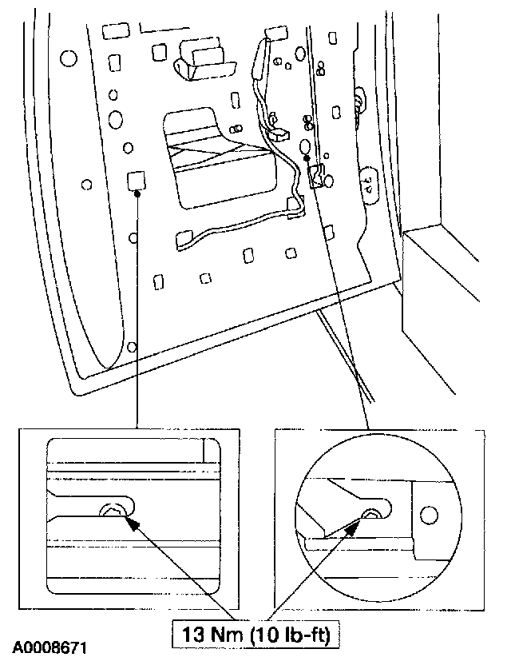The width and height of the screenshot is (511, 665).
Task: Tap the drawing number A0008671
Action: coord(50,644)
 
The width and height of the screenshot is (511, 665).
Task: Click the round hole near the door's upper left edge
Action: coord(66,58)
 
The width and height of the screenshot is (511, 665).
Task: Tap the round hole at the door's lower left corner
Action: coord(132,347)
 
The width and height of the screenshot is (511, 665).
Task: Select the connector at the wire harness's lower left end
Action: coord(184,237)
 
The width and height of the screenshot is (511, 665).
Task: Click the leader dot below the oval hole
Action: coord(307,158)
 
